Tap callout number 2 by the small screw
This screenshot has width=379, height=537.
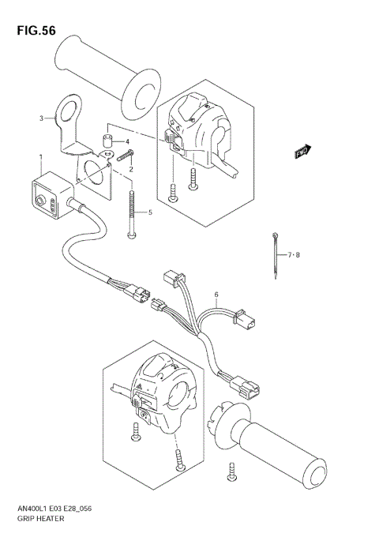131,169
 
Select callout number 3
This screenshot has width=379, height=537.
41,118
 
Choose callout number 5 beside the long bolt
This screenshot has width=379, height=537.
149,212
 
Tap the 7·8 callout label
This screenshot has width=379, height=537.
294,254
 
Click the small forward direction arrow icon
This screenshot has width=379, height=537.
301,151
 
